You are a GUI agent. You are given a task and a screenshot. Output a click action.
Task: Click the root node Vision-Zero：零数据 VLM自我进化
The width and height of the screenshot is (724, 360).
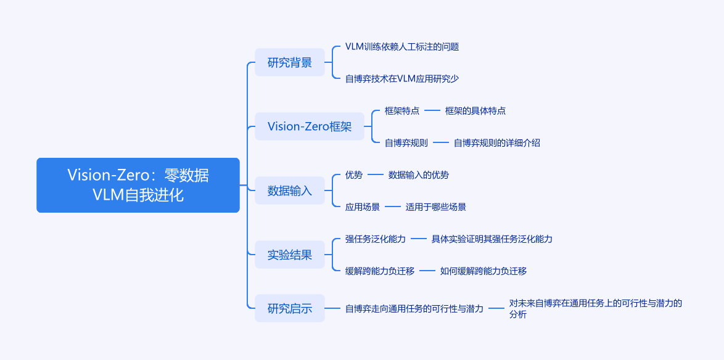(138, 185)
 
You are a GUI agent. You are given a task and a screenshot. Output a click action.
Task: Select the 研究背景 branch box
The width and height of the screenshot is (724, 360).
(290, 62)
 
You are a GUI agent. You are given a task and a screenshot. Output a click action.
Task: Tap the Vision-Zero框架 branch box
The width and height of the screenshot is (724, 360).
(310, 126)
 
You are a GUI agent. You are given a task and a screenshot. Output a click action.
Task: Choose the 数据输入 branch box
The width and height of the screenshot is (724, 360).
(290, 190)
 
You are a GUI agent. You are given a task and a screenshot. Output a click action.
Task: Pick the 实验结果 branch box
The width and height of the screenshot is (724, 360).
(290, 255)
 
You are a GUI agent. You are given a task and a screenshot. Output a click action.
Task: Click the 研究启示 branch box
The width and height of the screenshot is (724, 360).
(290, 308)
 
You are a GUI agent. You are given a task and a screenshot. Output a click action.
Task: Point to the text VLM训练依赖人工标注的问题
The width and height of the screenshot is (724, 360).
(402, 47)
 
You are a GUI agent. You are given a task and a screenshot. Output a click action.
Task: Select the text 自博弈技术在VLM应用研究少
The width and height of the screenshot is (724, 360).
(402, 78)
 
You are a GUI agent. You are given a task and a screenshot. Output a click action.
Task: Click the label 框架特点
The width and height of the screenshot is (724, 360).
(402, 111)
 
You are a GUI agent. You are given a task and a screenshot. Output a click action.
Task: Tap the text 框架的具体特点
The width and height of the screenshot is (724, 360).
(475, 111)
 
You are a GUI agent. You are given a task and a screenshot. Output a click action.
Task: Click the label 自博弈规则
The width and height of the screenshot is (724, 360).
(406, 142)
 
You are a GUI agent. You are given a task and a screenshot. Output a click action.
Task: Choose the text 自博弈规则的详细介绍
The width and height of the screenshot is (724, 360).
(497, 142)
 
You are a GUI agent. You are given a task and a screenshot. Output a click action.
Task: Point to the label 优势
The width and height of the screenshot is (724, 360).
(354, 175)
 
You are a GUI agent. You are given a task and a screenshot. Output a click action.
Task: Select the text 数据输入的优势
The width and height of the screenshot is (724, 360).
(419, 175)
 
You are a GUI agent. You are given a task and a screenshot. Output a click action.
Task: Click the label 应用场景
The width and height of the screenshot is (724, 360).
(363, 207)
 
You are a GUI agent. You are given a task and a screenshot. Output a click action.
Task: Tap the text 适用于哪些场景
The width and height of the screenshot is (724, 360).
(436, 207)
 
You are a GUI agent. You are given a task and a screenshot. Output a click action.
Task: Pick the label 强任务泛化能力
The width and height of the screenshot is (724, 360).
(376, 239)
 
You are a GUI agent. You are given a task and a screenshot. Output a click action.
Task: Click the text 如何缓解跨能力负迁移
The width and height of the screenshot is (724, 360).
(483, 271)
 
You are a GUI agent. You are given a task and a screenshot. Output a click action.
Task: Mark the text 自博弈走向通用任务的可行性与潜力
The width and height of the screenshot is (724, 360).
(414, 308)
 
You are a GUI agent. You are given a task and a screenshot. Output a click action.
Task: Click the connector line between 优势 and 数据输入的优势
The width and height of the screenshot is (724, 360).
(376, 175)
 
